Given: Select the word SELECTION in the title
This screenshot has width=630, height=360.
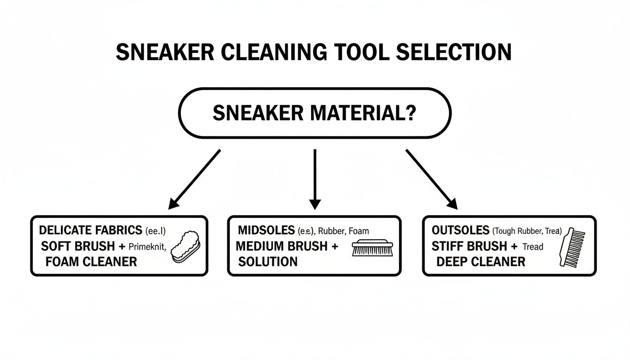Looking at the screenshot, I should (453, 52).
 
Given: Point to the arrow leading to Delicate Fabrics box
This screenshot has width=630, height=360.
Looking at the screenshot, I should (194, 179).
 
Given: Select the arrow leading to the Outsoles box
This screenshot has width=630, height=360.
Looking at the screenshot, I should (432, 179).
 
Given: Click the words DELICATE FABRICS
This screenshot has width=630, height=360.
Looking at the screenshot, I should (90, 230).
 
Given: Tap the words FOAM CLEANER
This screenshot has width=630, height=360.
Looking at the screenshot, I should (91, 262).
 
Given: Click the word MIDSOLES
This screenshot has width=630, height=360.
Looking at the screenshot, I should (266, 231).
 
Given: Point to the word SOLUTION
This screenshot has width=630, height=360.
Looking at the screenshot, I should (268, 262).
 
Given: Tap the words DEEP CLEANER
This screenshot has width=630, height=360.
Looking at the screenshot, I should (480, 262).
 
